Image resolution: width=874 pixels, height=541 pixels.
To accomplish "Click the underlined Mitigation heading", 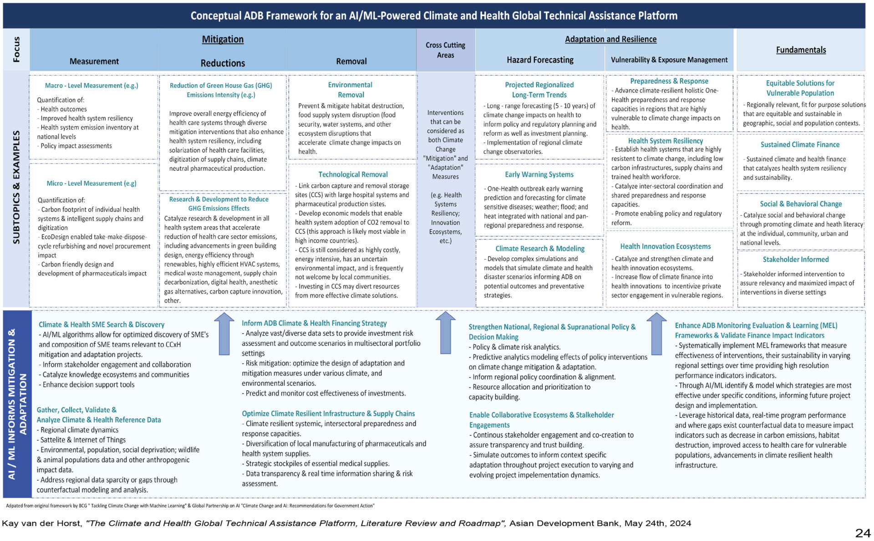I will [223, 40].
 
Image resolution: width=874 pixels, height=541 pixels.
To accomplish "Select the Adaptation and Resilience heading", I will [610, 40].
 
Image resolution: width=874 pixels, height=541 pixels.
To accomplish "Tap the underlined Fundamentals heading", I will [801, 50].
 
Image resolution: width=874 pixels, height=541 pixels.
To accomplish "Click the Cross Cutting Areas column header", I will [445, 50].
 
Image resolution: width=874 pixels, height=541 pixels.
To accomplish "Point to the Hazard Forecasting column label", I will [540, 60].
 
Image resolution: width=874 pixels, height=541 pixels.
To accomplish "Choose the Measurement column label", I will [94, 61].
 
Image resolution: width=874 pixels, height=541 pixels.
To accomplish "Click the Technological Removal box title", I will [353, 174].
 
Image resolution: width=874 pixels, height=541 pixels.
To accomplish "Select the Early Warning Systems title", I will [539, 174].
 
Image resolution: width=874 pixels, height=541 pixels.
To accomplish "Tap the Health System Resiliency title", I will [665, 141].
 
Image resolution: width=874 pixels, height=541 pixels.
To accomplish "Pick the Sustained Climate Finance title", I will [800, 145].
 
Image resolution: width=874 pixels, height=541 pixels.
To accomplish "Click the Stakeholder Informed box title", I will [795, 260].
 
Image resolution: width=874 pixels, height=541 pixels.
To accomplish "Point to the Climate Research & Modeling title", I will [540, 249].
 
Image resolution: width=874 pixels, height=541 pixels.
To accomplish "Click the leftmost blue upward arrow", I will [224, 334].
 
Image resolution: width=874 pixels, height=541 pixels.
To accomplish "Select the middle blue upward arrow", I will [445, 333].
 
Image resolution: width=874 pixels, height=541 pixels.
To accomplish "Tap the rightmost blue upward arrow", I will [656, 334].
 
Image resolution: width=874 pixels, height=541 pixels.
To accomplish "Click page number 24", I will [863, 533].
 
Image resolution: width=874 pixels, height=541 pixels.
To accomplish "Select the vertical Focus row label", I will [16, 49].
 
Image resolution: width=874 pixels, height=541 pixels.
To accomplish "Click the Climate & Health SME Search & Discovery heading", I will [102, 325].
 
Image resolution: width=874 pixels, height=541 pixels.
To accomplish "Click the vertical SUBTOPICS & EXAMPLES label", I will [16, 187].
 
